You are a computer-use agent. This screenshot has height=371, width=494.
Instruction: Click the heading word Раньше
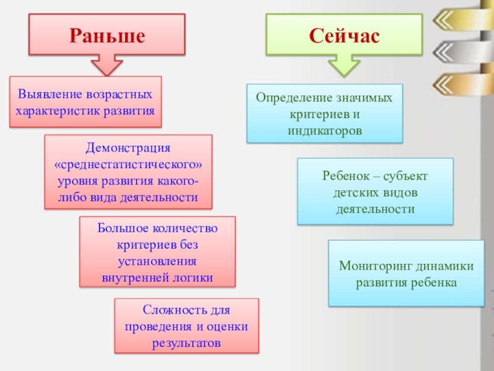pyautogui.click(x=107, y=35)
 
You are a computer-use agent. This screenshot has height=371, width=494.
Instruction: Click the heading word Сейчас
pyautogui.click(x=345, y=35)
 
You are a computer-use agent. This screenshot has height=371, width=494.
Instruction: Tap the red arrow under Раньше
pyautogui.click(x=107, y=65)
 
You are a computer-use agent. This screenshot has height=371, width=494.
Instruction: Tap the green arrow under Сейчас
pyautogui.click(x=344, y=64)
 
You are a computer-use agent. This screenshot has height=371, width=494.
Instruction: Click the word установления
pyautogui.click(x=157, y=261)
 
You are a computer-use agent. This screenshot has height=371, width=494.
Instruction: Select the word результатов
pyautogui.click(x=186, y=342)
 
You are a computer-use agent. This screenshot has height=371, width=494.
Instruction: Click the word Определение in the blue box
pyautogui.click(x=291, y=98)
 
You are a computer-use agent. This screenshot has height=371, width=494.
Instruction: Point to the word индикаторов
pyautogui.click(x=324, y=130)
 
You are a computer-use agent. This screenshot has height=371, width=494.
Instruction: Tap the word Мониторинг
pyautogui.click(x=376, y=267)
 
